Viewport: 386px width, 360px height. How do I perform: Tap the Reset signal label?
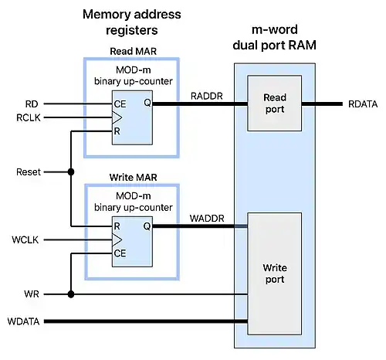click(29, 172)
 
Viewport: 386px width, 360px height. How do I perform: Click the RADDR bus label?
click(204, 96)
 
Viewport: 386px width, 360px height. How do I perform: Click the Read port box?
click(273, 104)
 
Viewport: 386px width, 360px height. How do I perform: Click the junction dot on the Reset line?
click(71, 172)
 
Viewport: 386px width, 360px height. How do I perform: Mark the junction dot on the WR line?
click(71, 294)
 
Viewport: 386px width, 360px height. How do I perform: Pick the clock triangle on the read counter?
click(117, 117)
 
